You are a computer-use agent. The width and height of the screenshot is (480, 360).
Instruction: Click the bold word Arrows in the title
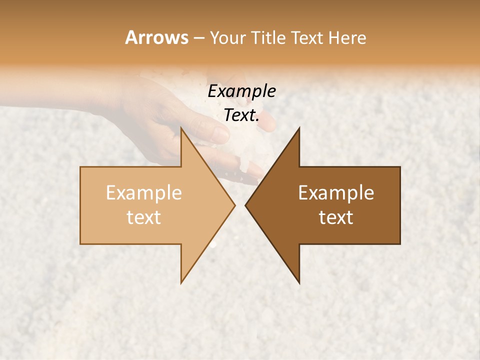click(x=156, y=37)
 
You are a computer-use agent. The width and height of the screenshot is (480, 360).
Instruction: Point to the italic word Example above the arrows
click(x=242, y=91)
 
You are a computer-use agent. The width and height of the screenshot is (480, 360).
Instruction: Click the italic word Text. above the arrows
click(x=241, y=115)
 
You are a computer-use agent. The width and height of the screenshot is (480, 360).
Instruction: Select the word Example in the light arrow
click(x=144, y=193)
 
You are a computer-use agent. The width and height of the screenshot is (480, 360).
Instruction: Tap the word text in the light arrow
click(x=144, y=217)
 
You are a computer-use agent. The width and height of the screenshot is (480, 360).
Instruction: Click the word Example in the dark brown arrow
click(x=336, y=193)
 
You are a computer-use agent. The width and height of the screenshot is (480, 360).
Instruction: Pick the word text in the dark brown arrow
click(x=336, y=217)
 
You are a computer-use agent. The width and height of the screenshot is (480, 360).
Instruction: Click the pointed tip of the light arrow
click(x=234, y=205)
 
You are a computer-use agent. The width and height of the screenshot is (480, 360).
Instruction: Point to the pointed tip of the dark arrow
click(x=245, y=205)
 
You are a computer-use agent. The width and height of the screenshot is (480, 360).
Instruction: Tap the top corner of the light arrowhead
click(x=181, y=128)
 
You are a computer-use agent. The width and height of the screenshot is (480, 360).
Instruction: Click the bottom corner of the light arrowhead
click(x=181, y=283)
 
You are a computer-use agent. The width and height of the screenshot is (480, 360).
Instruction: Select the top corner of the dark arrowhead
click(x=299, y=128)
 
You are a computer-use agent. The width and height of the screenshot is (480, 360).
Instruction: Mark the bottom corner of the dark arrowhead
click(x=299, y=283)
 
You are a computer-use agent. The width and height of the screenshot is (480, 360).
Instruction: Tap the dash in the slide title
click(x=198, y=37)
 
